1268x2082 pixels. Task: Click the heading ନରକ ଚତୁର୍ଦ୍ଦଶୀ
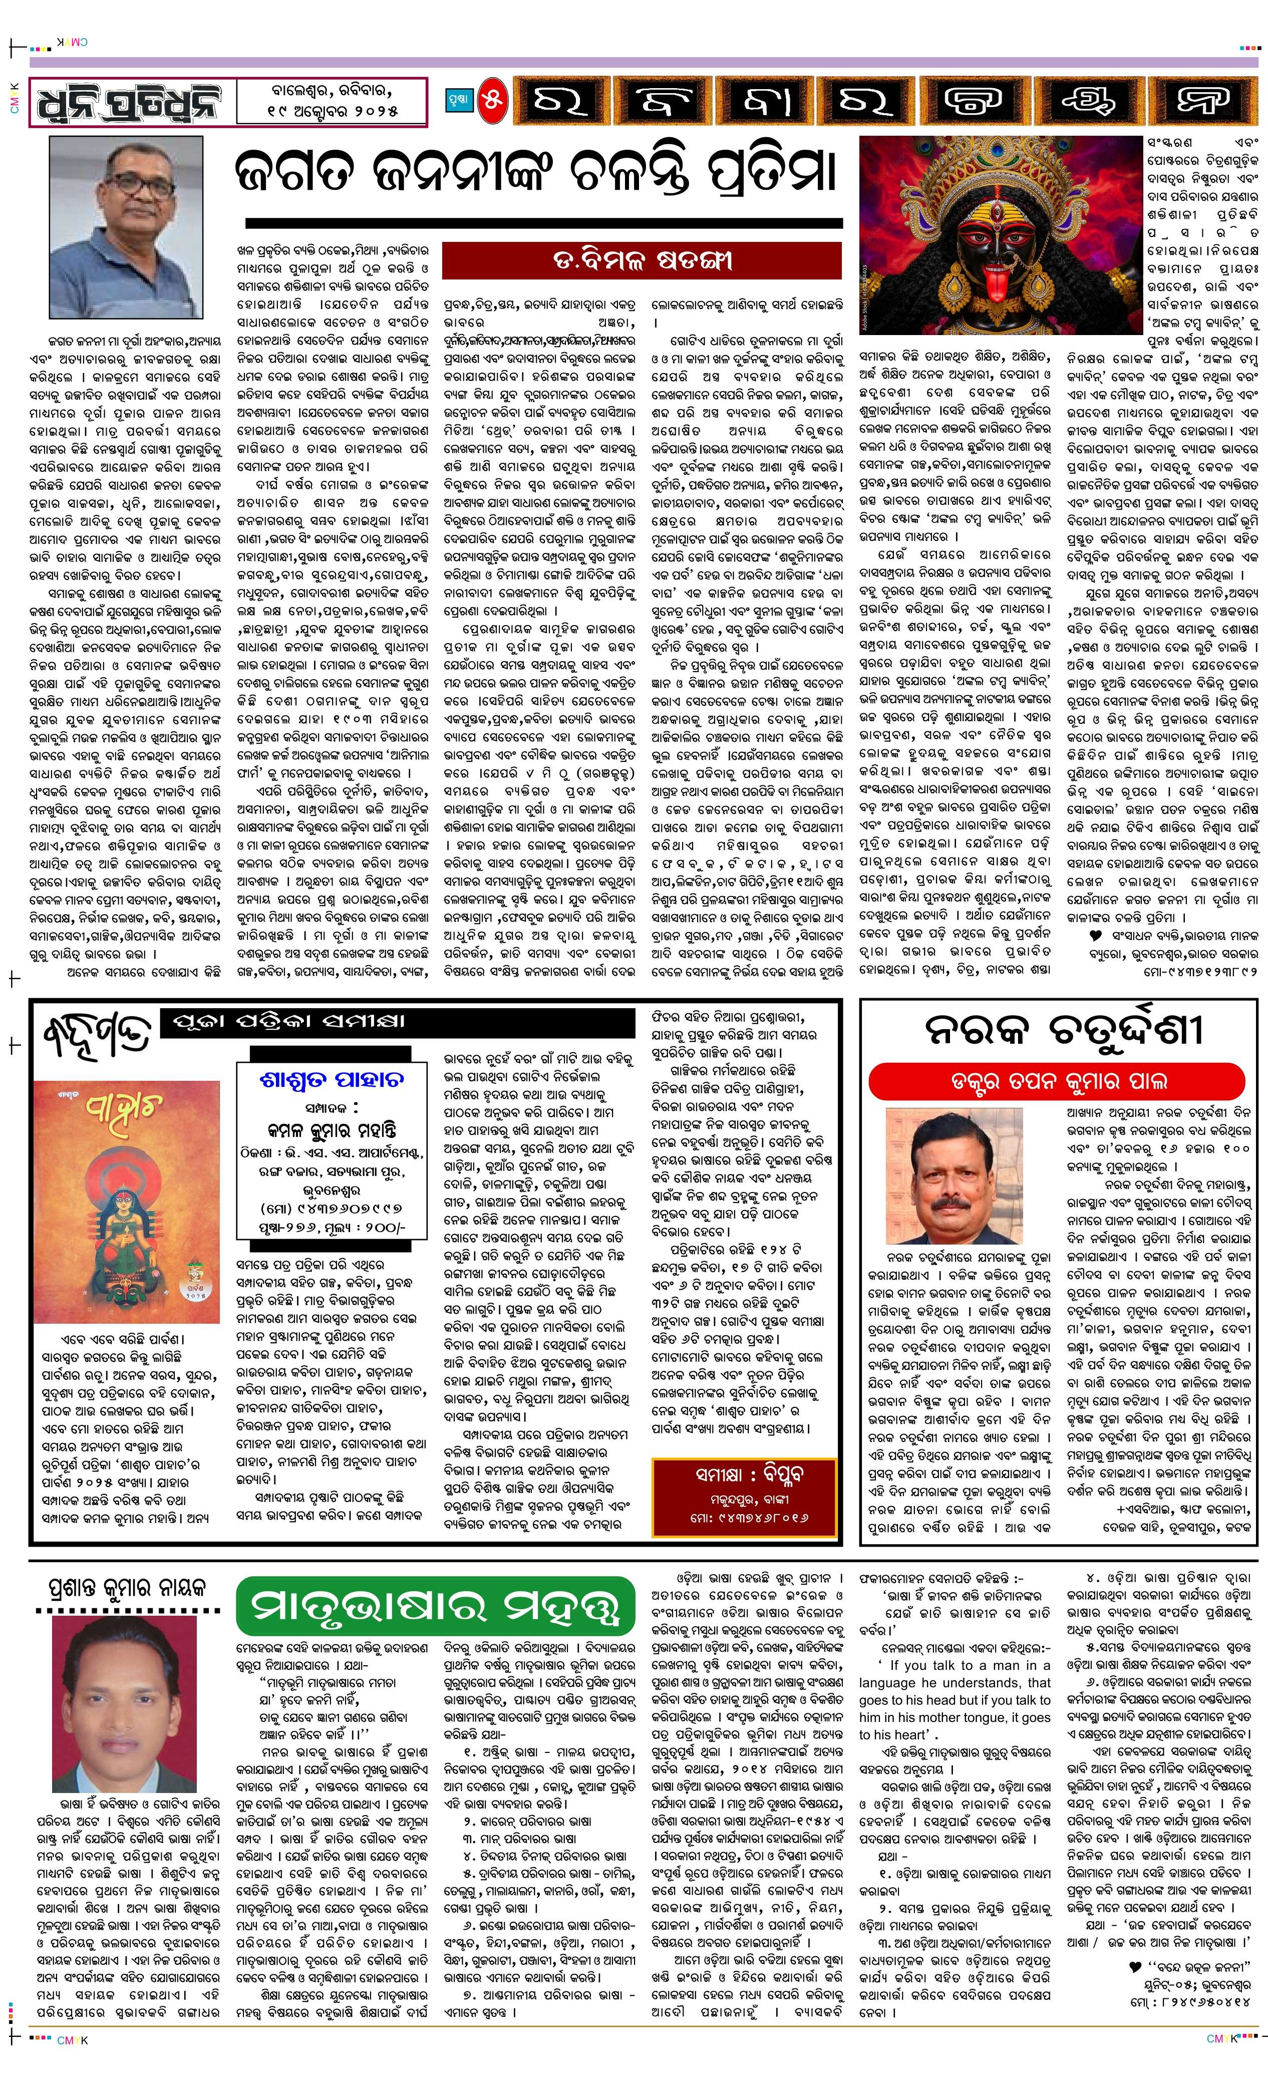[1063, 1029]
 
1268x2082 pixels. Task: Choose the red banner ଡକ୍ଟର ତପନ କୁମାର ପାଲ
[1057, 1081]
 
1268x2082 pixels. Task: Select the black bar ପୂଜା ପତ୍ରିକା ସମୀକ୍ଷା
[397, 1022]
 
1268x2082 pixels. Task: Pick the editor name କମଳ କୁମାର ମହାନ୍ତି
[331, 1130]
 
